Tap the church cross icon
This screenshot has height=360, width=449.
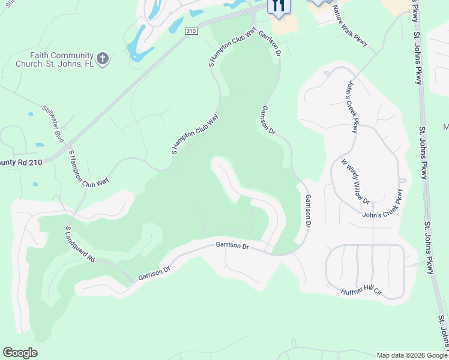pos(103,58)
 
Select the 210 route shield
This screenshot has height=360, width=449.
pos(191,31)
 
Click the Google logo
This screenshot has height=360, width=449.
pos(20,353)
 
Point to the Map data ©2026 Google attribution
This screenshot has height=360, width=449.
pos(412,355)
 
